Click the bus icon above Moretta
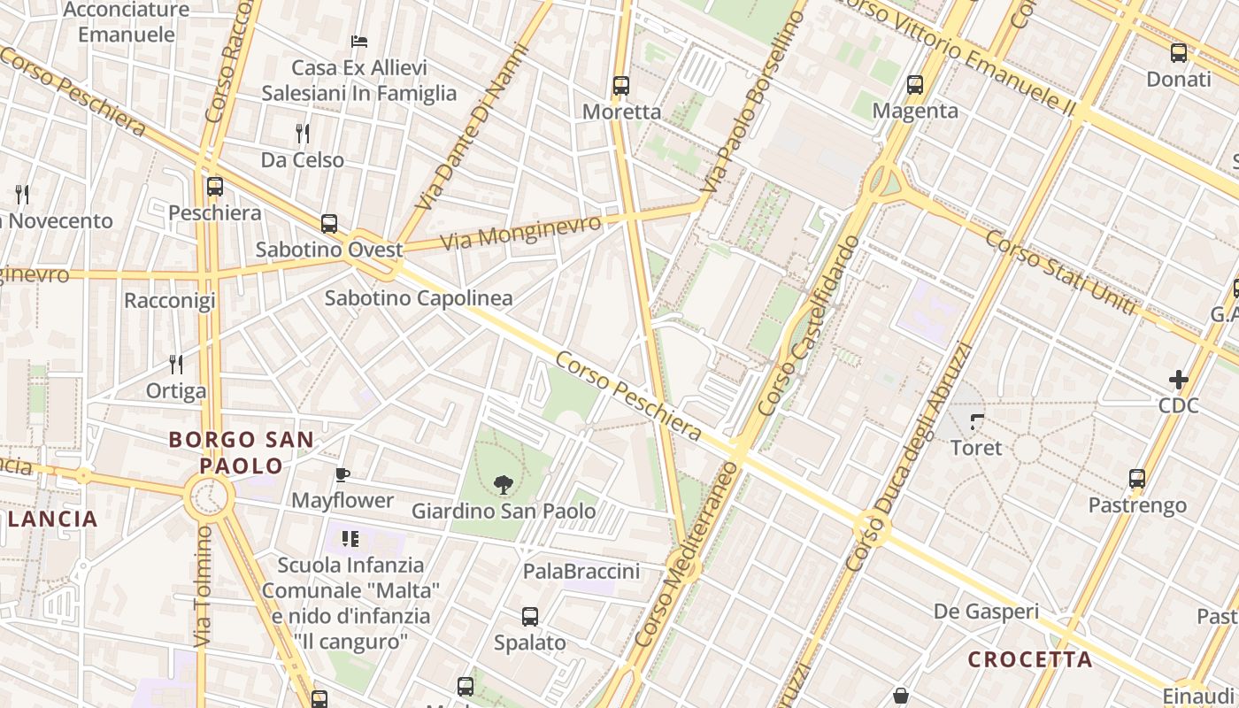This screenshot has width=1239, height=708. pyautogui.click(x=621, y=86)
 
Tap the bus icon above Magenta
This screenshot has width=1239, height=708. pyautogui.click(x=915, y=85)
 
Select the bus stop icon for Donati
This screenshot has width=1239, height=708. pyautogui.click(x=1179, y=53)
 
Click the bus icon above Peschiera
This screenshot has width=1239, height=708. pyautogui.click(x=215, y=187)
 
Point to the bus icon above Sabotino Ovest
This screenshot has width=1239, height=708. pyautogui.click(x=329, y=224)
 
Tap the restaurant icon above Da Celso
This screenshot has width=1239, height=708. pyautogui.click(x=303, y=134)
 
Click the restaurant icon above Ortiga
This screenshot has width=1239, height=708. pyautogui.click(x=176, y=364)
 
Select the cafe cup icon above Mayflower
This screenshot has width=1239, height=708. pyautogui.click(x=342, y=474)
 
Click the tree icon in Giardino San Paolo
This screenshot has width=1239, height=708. pyautogui.click(x=504, y=484)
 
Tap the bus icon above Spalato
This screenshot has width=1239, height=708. pyautogui.click(x=530, y=617)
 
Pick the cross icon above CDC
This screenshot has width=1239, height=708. pyautogui.click(x=1179, y=380)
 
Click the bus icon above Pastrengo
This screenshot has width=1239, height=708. pyautogui.click(x=1137, y=479)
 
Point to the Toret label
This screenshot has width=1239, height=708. pyautogui.click(x=976, y=448)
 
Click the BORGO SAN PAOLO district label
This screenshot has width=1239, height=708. pyautogui.click(x=241, y=452)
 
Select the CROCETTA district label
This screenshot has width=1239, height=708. pyautogui.click(x=1030, y=659)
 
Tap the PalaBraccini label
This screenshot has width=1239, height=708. pyautogui.click(x=581, y=572)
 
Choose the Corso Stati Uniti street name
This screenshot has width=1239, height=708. pyautogui.click(x=1060, y=272)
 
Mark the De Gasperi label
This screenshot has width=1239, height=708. pyautogui.click(x=987, y=612)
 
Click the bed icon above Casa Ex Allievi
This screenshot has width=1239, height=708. pyautogui.click(x=358, y=42)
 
